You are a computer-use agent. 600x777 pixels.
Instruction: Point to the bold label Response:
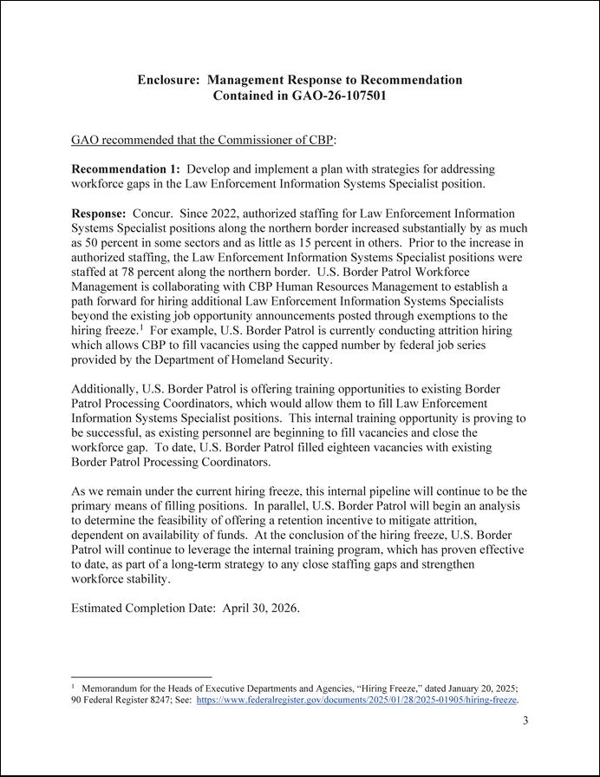(x=98, y=213)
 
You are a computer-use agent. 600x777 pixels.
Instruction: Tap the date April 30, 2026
(x=260, y=608)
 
